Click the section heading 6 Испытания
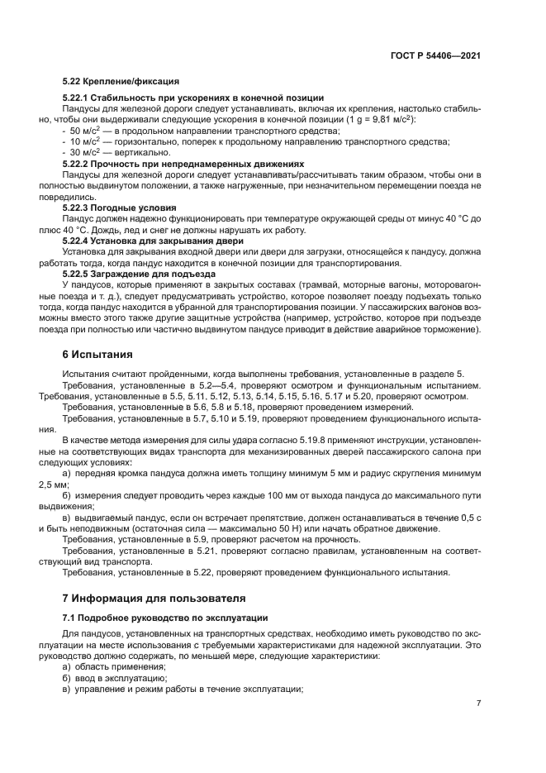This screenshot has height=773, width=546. click(97, 355)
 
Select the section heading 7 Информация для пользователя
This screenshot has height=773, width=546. click(154, 598)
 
